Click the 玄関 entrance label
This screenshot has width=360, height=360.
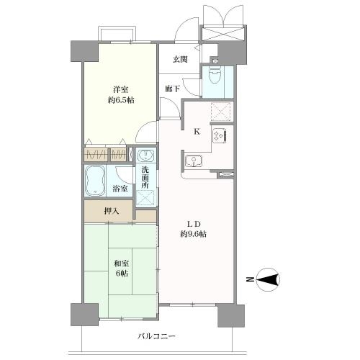[180, 59]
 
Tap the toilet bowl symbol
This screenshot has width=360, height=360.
[215, 73]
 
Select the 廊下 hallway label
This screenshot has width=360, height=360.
[173, 89]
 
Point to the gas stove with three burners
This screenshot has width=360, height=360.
[219, 136]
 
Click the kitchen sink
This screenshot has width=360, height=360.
[194, 161]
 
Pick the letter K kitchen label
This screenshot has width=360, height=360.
[197, 132]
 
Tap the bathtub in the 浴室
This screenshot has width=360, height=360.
[95, 181]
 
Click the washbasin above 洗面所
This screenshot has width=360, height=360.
[145, 155]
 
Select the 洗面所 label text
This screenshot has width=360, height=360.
[145, 177]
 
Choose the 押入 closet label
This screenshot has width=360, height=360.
[112, 211]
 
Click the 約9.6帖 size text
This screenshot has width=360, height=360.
[194, 234]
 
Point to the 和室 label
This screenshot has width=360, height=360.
[122, 264]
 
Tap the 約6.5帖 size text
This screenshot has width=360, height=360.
[121, 100]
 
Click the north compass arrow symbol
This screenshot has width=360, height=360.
[268, 279]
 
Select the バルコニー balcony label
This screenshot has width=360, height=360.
[156, 336]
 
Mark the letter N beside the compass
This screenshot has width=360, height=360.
[250, 279]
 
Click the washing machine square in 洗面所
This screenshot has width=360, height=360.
[145, 198]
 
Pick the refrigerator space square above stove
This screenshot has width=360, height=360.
[220, 112]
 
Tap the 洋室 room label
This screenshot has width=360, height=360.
[121, 90]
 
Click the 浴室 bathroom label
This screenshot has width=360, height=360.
[120, 189]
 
